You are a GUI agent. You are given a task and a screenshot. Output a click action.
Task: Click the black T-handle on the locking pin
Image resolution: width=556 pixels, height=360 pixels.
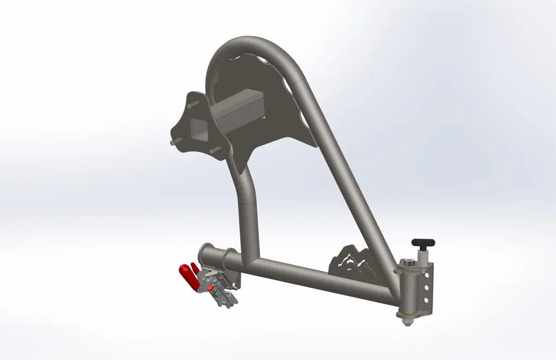coord(423,243)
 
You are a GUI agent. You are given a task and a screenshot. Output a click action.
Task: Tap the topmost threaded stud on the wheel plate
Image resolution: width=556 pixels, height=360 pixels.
coord(191,103)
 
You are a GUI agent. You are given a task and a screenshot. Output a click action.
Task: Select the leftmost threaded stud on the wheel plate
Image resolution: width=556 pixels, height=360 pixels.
coord(173,142)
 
